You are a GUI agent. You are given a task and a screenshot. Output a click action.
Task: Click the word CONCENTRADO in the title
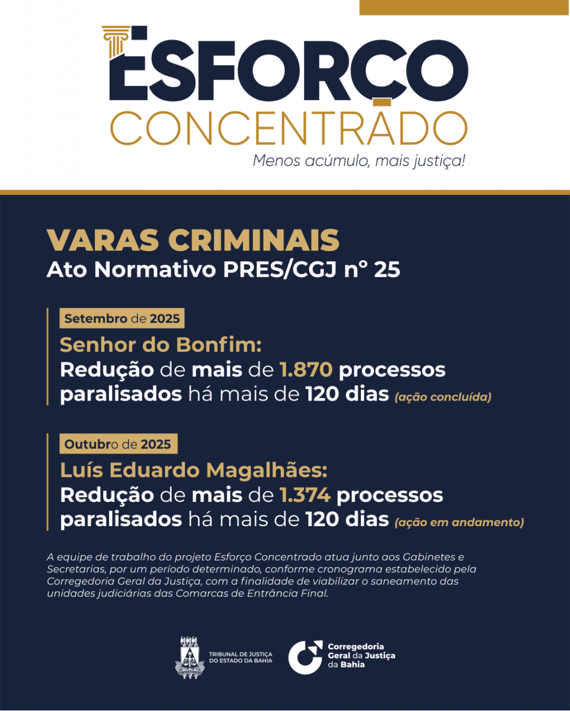coord(289,127)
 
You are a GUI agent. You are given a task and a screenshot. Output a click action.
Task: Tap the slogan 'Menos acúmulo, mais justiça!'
coord(359,161)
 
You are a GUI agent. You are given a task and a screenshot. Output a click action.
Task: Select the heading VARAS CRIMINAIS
coord(193,240)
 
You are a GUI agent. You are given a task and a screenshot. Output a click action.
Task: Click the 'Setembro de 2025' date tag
coord(122,319)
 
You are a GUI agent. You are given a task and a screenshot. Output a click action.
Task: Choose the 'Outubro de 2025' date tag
coord(118,444)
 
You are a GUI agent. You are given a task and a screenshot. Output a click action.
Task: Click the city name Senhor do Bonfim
coord(161,345)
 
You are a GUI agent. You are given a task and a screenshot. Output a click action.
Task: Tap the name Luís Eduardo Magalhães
coord(193,470)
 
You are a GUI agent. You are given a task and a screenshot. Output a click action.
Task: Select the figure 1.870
coord(306,370)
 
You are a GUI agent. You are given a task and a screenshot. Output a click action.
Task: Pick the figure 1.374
coord(305,495)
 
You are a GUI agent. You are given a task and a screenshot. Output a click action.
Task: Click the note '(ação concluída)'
coord(443,397)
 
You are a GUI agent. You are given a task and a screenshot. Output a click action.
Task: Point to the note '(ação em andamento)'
coord(459,522)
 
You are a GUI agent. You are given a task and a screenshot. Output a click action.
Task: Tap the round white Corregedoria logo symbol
coord(305,657)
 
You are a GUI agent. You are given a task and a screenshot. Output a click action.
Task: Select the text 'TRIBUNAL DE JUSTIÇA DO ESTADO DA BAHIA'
coord(241,657)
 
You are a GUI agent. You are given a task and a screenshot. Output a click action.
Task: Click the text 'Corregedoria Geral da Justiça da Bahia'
coord(361,655)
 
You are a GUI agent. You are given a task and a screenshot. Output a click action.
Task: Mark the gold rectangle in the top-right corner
coord(463,7)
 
